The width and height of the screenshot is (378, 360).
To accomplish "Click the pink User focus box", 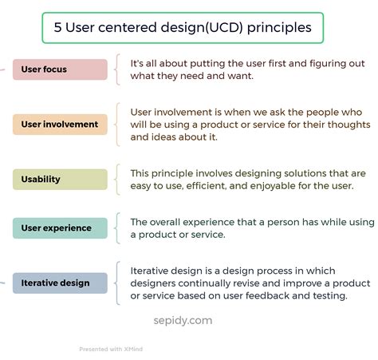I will click(60, 69).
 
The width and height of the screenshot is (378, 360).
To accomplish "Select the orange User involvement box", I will click(60, 125).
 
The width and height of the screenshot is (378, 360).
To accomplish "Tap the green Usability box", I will click(60, 180).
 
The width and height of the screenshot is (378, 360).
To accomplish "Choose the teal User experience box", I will click(60, 228).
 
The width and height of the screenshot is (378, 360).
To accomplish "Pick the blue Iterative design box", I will click(60, 283).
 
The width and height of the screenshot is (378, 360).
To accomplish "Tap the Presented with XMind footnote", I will click(112, 348).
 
